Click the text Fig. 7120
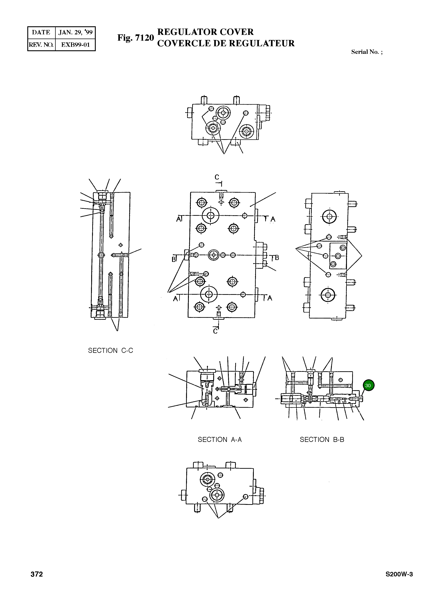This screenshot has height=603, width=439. point(135,38)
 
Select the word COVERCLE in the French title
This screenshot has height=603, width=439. point(183,43)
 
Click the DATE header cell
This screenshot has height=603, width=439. point(41,32)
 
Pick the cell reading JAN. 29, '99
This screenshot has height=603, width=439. point(75,32)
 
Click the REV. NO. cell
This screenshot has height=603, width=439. point(41,45)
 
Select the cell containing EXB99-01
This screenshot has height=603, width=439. point(75,45)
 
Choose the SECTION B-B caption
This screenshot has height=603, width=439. point(322,440)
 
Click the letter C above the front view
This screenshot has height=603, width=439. point(217,177)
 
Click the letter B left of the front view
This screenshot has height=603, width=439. point(174,259)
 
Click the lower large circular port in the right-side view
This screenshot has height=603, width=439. point(328,295)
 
